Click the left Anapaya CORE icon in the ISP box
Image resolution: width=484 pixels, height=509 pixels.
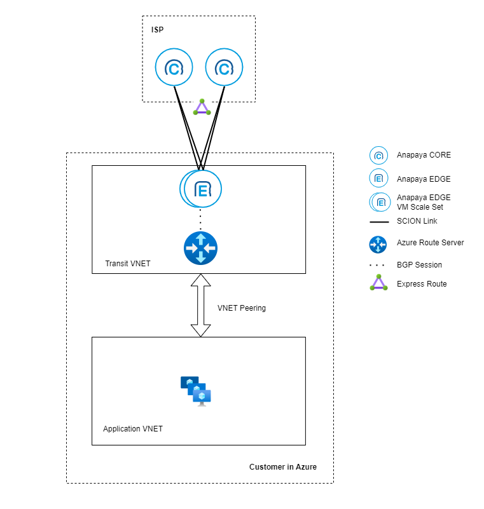pyautogui.click(x=174, y=67)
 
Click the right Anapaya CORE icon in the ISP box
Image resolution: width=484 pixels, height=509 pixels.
pyautogui.click(x=223, y=67)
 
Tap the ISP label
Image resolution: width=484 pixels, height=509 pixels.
pyautogui.click(x=157, y=30)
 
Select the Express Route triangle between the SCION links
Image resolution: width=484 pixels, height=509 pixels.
pyautogui.click(x=201, y=107)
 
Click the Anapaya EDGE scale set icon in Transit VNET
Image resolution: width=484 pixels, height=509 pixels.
pyautogui.click(x=201, y=188)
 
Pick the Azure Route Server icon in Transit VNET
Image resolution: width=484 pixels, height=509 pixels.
pyautogui.click(x=200, y=248)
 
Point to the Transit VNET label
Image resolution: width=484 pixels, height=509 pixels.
pyautogui.click(x=128, y=263)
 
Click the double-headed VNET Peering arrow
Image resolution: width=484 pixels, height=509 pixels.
pyautogui.click(x=201, y=306)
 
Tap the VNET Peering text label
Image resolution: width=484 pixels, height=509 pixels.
pyautogui.click(x=242, y=308)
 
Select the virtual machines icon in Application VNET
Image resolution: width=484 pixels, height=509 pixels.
pyautogui.click(x=196, y=390)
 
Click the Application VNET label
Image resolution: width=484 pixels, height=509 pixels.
pyautogui.click(x=133, y=429)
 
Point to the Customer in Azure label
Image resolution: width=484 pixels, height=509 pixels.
pyautogui.click(x=283, y=467)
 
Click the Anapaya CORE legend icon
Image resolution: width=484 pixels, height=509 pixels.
pyautogui.click(x=378, y=155)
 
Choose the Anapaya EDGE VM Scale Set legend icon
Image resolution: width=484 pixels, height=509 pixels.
pyautogui.click(x=380, y=202)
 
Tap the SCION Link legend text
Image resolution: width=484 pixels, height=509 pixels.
pyautogui.click(x=417, y=221)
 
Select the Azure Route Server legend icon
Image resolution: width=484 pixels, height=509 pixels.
pyautogui.click(x=378, y=243)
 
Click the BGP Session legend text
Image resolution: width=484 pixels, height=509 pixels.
pyautogui.click(x=419, y=264)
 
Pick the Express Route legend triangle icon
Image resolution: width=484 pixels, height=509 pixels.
pyautogui.click(x=378, y=283)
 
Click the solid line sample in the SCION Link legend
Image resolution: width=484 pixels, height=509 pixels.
pyautogui.click(x=379, y=222)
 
